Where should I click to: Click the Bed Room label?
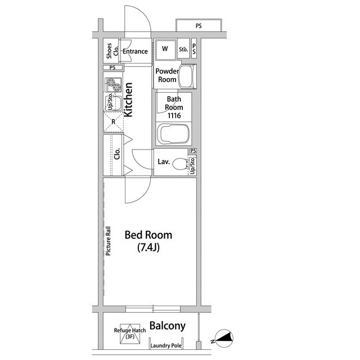tap(148, 235)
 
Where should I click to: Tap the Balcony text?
tap(168, 326)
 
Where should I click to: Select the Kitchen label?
tap(128, 100)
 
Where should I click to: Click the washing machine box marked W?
tap(165, 49)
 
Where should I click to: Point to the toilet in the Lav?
tap(180, 164)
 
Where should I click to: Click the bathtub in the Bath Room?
tap(174, 134)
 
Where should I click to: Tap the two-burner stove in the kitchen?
tap(114, 85)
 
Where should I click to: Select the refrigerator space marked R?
tap(114, 122)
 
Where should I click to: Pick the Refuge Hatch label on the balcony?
tap(130, 333)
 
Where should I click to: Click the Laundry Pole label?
tap(166, 345)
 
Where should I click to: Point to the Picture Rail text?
tap(108, 241)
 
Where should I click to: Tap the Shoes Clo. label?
tap(112, 51)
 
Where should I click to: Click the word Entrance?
tap(135, 51)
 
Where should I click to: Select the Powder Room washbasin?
tap(188, 76)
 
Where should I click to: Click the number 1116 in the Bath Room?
tap(174, 115)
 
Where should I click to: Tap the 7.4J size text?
tap(148, 247)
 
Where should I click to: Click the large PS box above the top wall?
tap(199, 26)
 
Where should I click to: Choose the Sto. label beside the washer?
tap(183, 49)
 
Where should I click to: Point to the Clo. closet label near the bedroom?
tap(117, 154)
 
